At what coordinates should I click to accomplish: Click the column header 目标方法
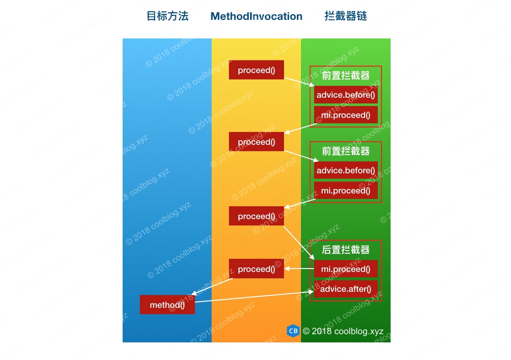click(167, 16)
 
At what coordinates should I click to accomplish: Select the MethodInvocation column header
click(256, 16)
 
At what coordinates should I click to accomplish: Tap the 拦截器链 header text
click(345, 16)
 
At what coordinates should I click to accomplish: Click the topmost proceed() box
click(256, 70)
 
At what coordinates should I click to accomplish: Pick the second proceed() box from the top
click(256, 142)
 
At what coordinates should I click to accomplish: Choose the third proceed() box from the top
click(256, 216)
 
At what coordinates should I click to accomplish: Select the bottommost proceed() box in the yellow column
click(256, 269)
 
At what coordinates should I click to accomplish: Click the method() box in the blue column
click(167, 305)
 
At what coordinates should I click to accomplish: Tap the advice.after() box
click(345, 289)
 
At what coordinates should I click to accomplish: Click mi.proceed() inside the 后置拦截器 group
click(345, 269)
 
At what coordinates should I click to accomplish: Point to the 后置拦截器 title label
click(345, 250)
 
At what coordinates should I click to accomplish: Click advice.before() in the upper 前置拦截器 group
click(345, 95)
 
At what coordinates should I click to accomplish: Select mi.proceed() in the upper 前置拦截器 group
click(345, 115)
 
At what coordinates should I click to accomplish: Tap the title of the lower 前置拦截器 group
click(345, 151)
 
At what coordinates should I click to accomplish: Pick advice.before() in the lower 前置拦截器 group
click(345, 170)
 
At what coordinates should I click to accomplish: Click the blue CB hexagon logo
click(293, 331)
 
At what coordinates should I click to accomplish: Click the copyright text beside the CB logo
click(343, 331)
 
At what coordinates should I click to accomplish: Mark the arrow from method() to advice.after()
click(253, 297)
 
